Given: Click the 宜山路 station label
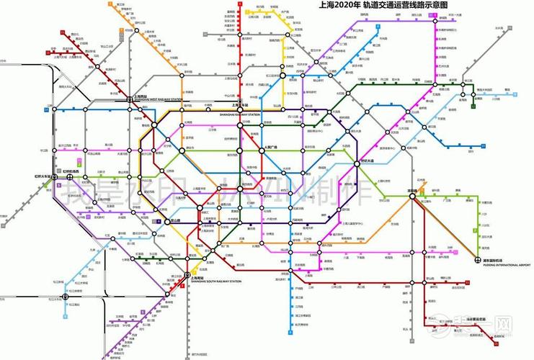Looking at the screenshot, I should [x=174, y=220].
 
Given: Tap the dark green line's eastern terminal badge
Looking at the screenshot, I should [x=472, y=106].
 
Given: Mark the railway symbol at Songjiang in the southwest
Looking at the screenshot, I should [x=66, y=296].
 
